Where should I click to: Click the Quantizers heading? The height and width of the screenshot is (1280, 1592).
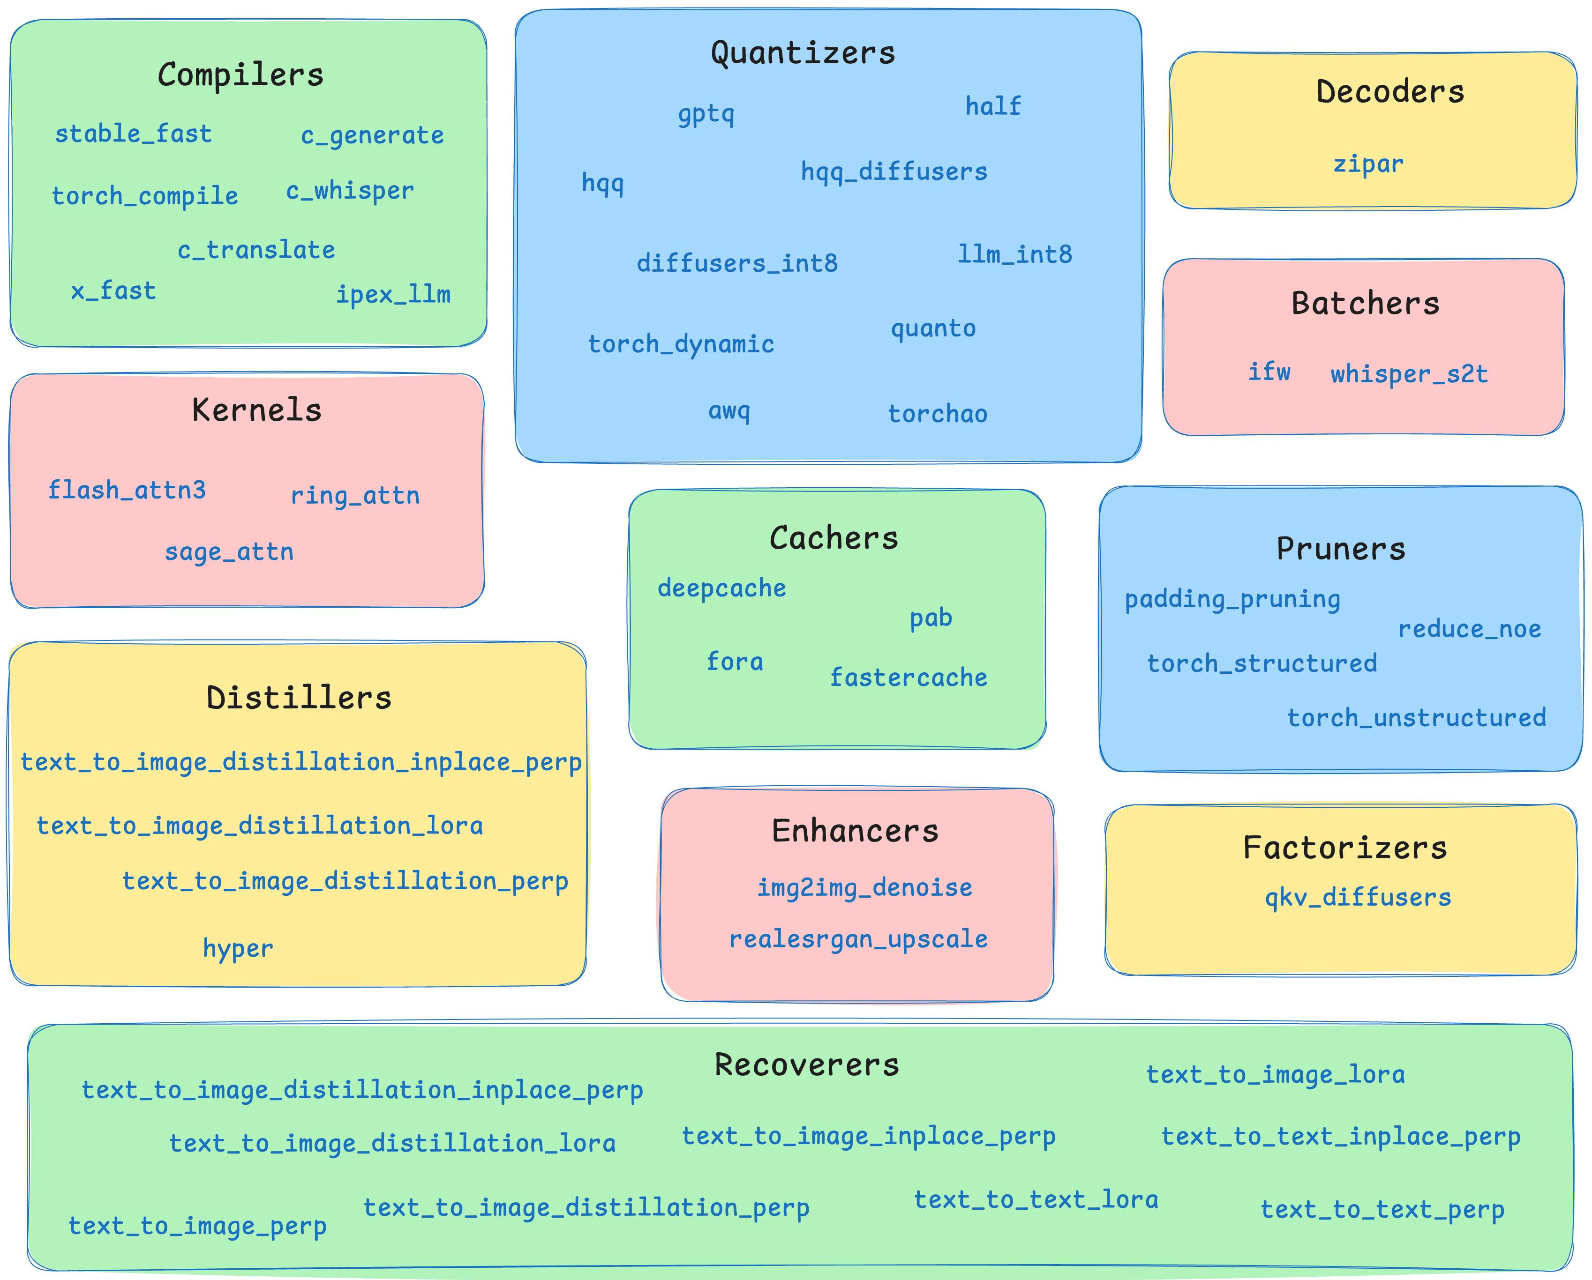tap(803, 53)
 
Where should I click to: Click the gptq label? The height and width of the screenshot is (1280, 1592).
tap(706, 114)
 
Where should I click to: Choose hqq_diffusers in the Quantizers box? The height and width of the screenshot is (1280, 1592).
tap(894, 171)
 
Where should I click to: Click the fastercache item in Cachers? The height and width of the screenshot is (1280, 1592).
tap(908, 677)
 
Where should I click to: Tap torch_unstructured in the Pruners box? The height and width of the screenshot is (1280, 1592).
tap(1416, 717)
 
